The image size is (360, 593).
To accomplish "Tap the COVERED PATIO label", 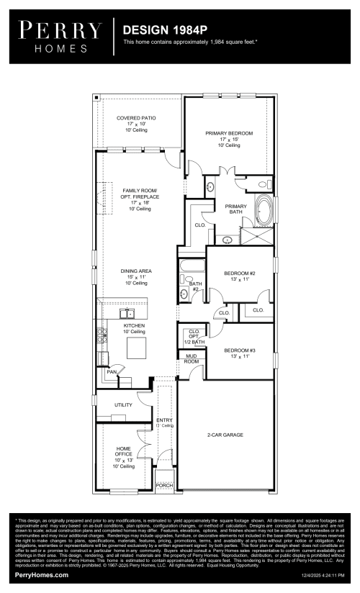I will (x=136, y=124).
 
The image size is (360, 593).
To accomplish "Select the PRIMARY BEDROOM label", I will (x=228, y=139).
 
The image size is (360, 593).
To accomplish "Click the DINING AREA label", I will (x=135, y=277).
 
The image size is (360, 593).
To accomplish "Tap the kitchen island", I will (x=137, y=348).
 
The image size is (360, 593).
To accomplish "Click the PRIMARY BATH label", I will (x=235, y=209).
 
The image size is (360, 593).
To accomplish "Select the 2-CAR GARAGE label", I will (x=225, y=435).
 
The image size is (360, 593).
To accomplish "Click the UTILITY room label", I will (x=123, y=405).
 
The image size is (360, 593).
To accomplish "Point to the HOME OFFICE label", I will (x=123, y=455).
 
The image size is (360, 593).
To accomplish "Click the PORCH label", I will (x=165, y=486).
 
